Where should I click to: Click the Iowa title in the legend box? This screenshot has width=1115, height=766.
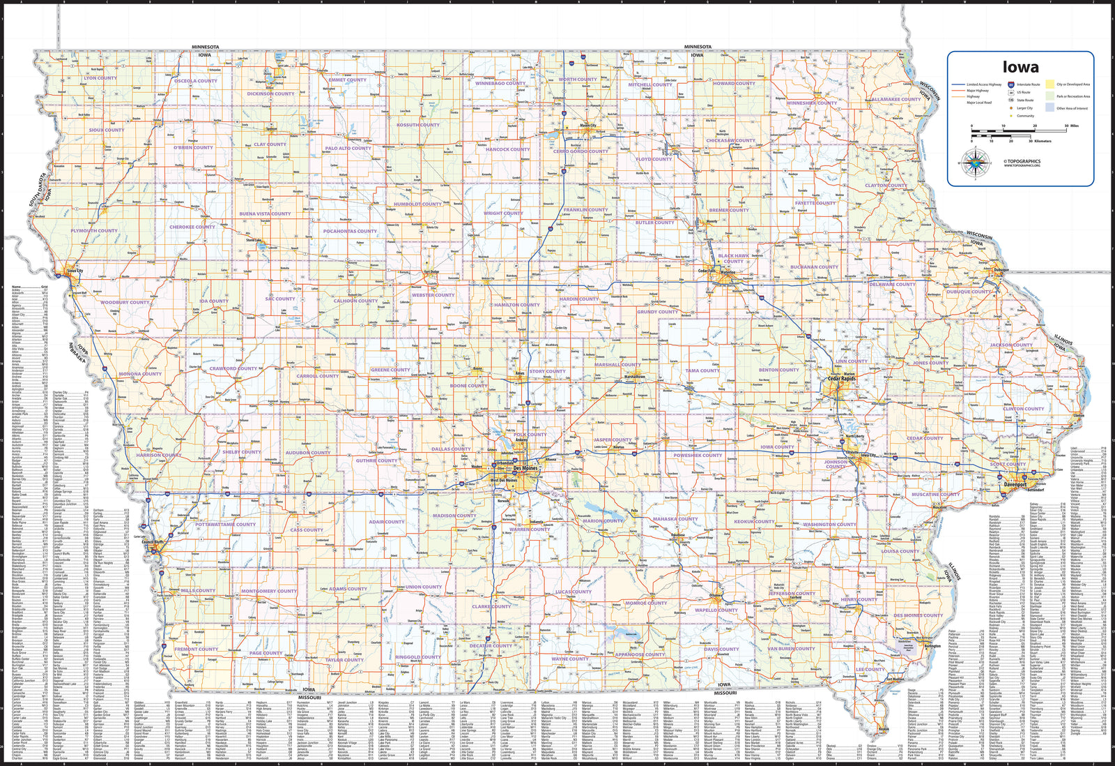coord(1020,68)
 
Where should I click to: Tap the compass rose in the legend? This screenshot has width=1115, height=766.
coord(975,163)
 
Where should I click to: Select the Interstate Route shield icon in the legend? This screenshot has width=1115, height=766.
coord(1010,84)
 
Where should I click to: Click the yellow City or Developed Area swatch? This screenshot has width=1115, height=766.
coord(1050,84)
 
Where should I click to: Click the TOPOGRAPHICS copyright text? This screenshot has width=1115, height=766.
coord(1022,161)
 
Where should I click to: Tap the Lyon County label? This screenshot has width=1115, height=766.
coord(100,78)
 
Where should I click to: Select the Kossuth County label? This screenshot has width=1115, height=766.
coord(418,125)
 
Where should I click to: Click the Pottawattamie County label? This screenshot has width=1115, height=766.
coord(225,524)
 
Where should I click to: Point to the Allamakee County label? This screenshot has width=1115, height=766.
coord(895,99)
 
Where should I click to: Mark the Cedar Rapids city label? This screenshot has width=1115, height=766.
coord(840,379)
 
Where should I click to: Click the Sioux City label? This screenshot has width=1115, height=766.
coord(75,270)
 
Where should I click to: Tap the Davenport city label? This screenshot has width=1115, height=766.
coord(1015,485)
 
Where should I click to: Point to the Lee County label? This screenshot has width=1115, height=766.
coord(870,669)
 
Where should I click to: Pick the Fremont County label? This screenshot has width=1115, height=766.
coord(196,649)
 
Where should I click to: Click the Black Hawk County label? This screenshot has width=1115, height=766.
coord(733,258)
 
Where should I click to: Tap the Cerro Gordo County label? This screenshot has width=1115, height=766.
coord(580,151)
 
